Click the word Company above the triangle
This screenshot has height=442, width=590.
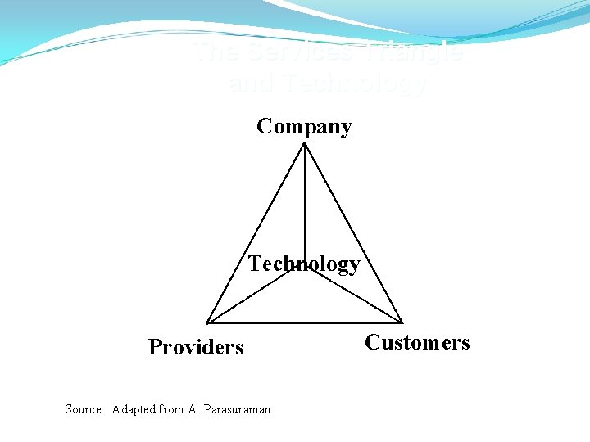pos(304,126)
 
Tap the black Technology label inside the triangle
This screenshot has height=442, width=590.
pos(304,264)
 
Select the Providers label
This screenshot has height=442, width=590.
pos(196,347)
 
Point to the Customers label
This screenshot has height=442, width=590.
pos(417,342)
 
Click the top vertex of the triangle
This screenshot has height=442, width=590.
pos(305,143)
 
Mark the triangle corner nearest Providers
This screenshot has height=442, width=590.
pos(206,322)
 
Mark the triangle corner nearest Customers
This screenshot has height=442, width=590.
pos(402,322)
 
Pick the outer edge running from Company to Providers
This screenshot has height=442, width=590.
pos(256,232)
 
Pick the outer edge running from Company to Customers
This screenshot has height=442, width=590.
pos(353,232)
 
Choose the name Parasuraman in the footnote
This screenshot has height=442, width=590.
pos(236,409)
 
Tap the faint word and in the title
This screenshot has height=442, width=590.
pos(251,83)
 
